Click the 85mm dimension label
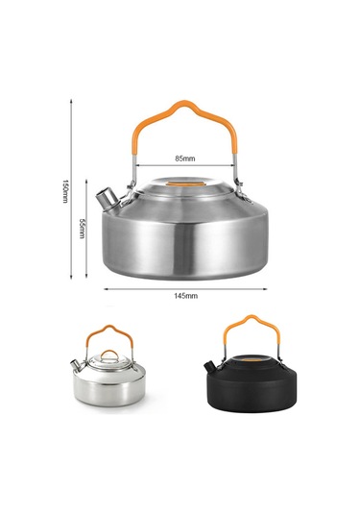click(185, 159)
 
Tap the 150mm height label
click(65, 191)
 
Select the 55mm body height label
click(83, 229)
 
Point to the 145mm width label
click(185, 296)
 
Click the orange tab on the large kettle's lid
click(185, 184)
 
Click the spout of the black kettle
click(208, 366)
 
